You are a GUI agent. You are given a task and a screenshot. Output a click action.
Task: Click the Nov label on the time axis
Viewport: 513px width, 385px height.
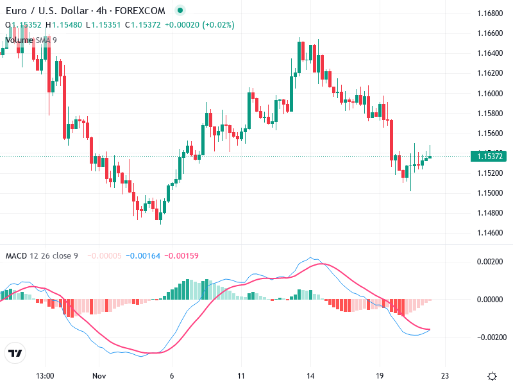98,376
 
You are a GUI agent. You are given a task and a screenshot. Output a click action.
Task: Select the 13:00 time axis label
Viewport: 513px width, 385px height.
45,376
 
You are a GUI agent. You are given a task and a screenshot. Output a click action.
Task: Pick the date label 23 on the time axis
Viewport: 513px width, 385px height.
445,376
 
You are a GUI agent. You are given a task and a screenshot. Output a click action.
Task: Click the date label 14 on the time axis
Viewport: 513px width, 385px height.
310,376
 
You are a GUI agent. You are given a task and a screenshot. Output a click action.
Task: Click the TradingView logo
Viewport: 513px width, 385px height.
15,353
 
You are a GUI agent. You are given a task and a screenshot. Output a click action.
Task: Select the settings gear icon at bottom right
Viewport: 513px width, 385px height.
492,376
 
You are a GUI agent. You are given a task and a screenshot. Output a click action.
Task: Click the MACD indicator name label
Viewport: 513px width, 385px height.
16,256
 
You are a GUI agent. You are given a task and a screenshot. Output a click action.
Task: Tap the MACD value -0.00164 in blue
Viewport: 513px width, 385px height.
144,256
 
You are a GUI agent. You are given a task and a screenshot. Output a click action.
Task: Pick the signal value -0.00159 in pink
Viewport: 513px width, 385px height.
181,256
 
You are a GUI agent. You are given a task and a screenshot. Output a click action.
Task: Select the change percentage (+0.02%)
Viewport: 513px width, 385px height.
219,25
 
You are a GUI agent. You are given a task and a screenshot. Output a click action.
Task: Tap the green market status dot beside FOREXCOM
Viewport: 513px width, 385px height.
180,11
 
